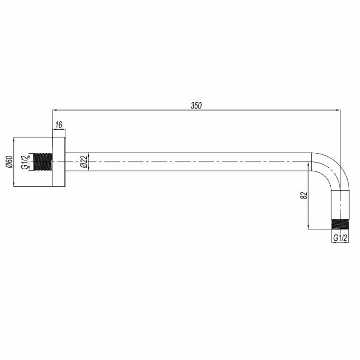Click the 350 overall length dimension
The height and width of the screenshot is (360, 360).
click(x=196, y=105)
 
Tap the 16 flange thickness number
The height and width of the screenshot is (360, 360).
click(x=59, y=125)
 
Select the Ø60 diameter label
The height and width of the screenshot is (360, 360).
click(x=9, y=161)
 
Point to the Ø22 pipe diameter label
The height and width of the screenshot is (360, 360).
click(x=84, y=161)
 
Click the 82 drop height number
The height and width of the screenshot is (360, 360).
click(x=304, y=195)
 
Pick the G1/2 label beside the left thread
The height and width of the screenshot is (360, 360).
click(x=24, y=162)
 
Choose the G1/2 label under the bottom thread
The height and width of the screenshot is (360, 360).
click(x=340, y=238)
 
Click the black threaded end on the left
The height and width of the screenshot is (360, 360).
click(x=43, y=162)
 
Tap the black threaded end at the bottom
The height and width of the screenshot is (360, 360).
click(x=340, y=224)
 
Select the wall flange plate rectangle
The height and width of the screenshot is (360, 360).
click(x=59, y=162)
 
